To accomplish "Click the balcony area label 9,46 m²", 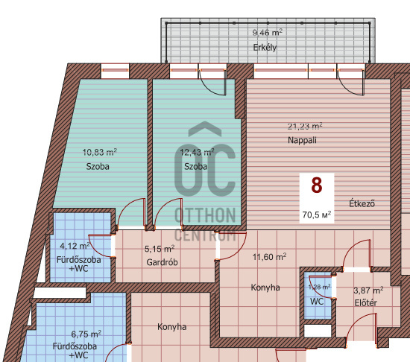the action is (267, 33).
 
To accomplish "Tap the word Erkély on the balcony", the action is (265, 48).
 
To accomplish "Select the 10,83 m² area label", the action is (100, 152).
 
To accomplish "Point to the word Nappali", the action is (302, 140).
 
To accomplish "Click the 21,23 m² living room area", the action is (305, 127).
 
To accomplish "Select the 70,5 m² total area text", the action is (317, 215).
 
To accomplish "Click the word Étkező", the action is (362, 203).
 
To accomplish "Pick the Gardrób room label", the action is (162, 262).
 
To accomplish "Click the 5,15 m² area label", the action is (160, 249).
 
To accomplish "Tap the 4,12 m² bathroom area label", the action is (75, 246).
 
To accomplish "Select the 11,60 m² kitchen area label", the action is (269, 257).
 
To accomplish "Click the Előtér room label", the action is (366, 302).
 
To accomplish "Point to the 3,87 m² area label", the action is (368, 290).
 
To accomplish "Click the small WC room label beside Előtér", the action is (317, 302).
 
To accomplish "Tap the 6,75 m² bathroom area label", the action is (86, 334).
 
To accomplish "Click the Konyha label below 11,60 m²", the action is (265, 288).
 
